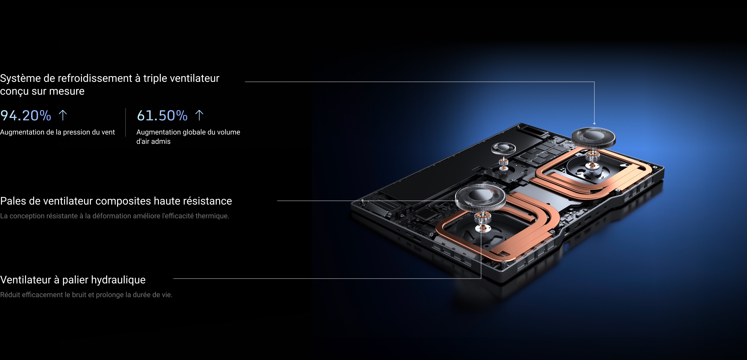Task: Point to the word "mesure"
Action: click(x=67, y=91)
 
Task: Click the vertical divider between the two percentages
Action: click(x=126, y=122)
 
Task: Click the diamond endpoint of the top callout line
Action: click(x=594, y=124)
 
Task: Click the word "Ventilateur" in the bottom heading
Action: click(x=26, y=280)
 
